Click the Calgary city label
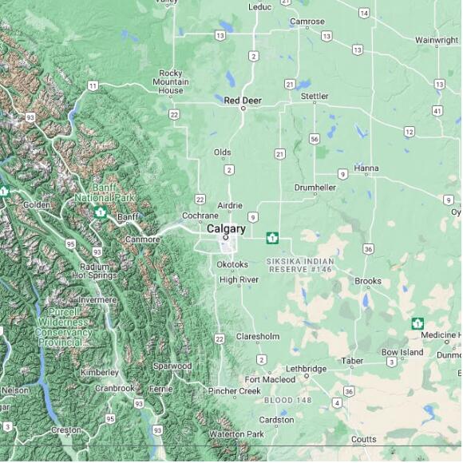pos(226,228)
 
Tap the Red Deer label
pos(243,100)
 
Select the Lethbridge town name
pos(307,369)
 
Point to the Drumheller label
pos(315,188)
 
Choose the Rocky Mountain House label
pos(171,81)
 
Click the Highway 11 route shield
pos(93,85)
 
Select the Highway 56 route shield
pos(315,138)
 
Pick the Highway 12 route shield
pos(409,132)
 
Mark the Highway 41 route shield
pos(437,110)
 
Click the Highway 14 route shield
pos(363,13)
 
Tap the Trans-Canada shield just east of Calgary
pos(272,237)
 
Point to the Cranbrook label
pos(115,388)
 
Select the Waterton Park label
pos(236,433)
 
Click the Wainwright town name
pos(437,40)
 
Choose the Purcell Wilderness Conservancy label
pos(63,326)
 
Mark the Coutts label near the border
pos(363,439)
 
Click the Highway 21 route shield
pos(279,153)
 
